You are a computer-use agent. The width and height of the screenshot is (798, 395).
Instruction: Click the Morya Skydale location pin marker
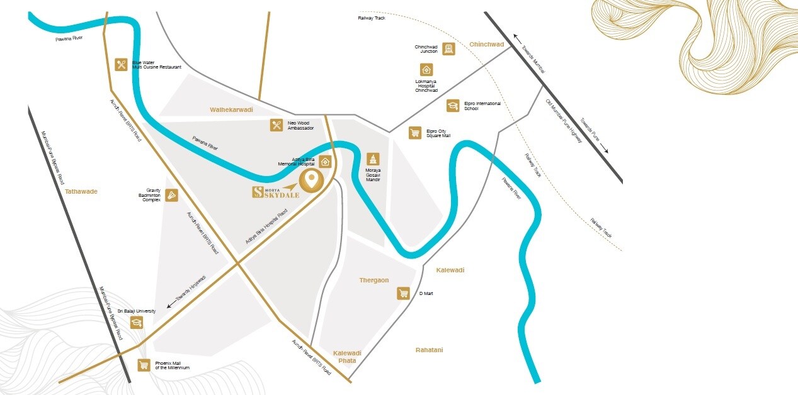310,181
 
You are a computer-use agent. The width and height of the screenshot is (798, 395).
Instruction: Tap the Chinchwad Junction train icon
448,49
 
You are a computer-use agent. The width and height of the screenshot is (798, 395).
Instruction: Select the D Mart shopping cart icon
403,293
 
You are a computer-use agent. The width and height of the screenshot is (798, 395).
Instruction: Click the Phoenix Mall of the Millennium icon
144,365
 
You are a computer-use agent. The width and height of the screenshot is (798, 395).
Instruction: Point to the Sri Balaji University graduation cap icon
136,323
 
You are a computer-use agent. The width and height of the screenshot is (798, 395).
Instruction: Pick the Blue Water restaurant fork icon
122,64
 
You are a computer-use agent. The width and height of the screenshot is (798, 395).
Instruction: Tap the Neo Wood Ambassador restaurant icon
276,125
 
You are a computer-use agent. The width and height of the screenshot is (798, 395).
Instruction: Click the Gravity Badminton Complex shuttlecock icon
172,196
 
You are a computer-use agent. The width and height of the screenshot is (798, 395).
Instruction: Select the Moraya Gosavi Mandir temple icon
373,159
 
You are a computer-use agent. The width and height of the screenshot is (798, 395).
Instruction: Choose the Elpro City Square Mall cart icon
414,133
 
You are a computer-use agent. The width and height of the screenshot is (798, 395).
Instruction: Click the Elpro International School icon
452,106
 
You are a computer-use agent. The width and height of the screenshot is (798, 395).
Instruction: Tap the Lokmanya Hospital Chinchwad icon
426,70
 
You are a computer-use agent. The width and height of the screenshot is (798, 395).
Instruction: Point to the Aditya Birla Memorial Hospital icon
325,161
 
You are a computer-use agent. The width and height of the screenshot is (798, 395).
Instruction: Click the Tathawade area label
81,191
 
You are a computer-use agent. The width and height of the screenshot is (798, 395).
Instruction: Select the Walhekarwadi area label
231,109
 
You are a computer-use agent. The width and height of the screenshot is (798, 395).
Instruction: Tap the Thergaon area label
374,280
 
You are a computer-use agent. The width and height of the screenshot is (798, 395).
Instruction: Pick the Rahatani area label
429,350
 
